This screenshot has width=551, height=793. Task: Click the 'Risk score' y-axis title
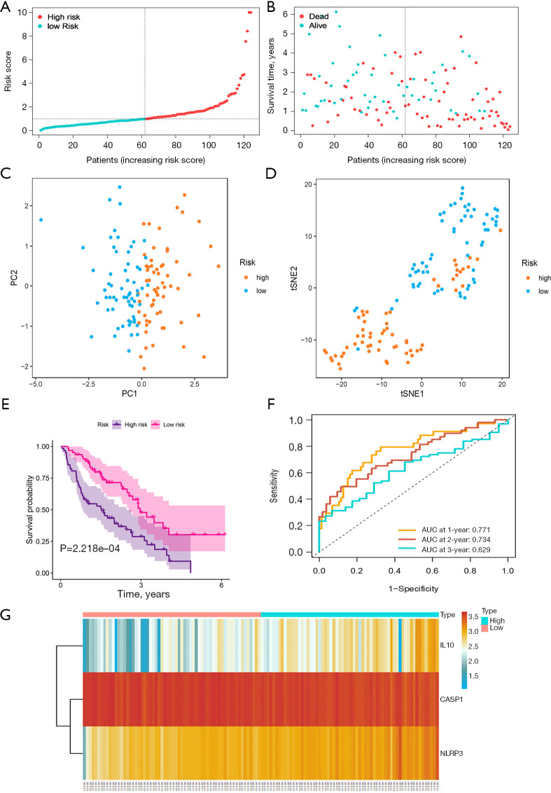click(8, 71)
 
